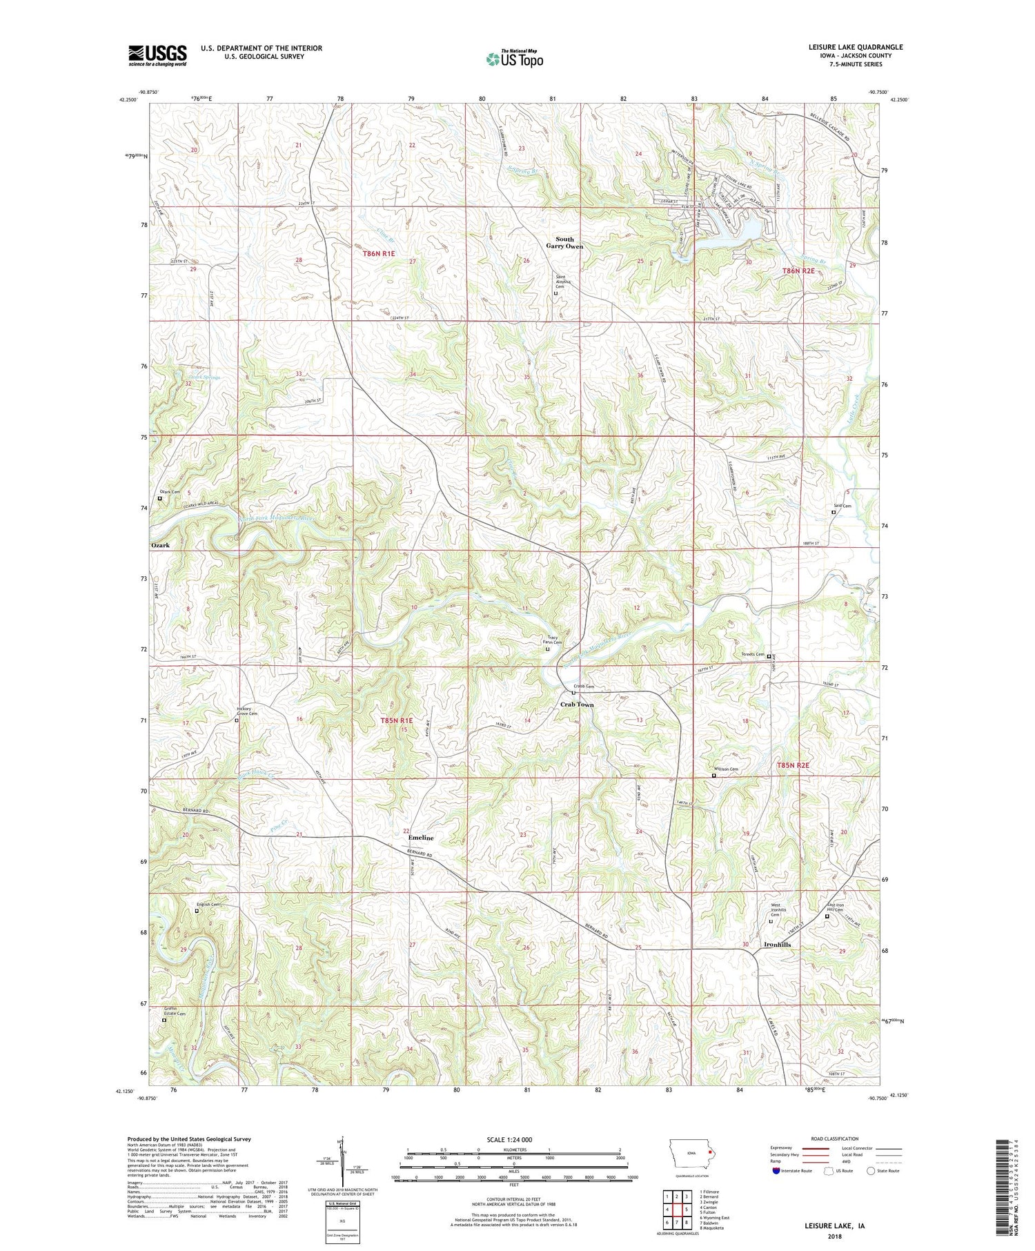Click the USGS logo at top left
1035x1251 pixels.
(x=157, y=55)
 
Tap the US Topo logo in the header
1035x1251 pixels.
(x=513, y=59)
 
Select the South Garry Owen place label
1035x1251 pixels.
(x=564, y=243)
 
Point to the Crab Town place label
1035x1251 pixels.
(x=576, y=705)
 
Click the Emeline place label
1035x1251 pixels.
(x=421, y=838)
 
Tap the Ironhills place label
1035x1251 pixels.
(x=777, y=945)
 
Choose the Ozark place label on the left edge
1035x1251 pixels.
(x=160, y=545)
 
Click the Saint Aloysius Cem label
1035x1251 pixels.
(x=557, y=282)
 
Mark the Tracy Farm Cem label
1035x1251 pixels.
(x=553, y=640)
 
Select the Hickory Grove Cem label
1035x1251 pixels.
(x=246, y=711)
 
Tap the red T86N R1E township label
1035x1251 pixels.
(x=379, y=254)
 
